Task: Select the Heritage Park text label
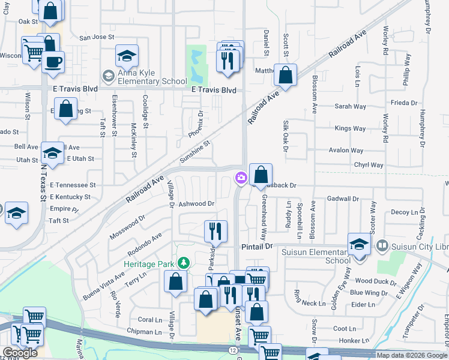151,263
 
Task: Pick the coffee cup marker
53,61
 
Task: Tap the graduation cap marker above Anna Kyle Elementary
127,56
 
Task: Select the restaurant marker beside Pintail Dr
215,231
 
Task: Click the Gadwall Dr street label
343,199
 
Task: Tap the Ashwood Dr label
196,204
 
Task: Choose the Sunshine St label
196,153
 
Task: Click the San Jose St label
97,37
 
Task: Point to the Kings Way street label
350,128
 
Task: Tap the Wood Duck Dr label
372,280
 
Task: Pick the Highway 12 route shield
232,349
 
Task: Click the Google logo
20,353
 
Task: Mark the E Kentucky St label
70,197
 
